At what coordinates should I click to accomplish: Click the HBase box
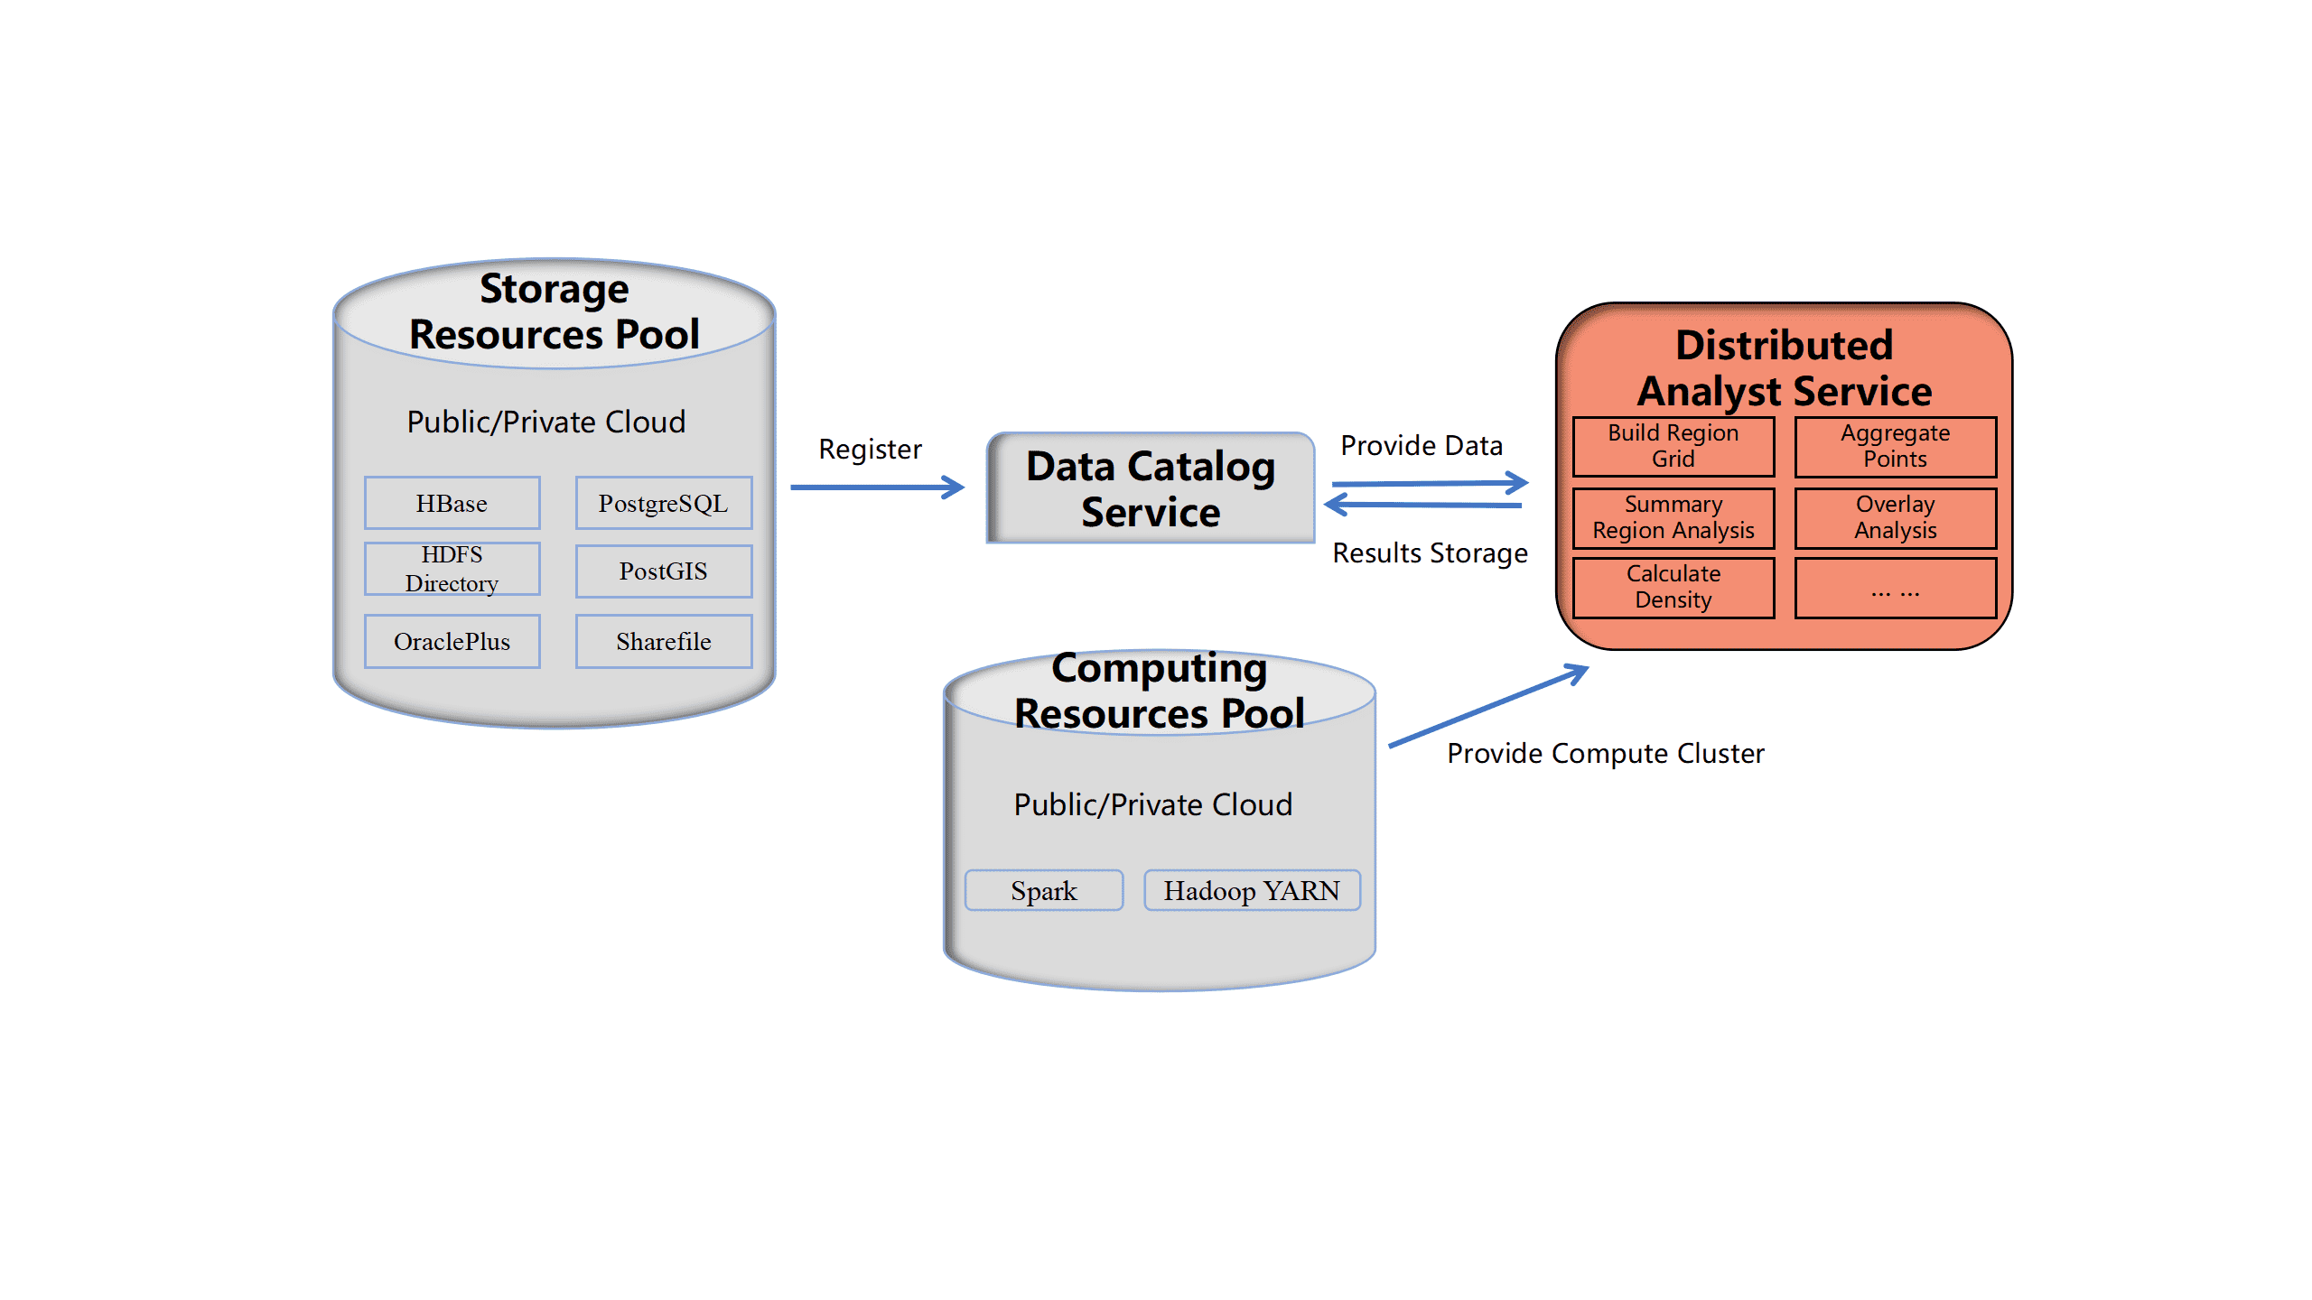tap(452, 503)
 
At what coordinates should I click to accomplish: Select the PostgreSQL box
tap(663, 503)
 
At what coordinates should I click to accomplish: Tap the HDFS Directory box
tap(452, 569)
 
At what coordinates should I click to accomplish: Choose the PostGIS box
tap(663, 571)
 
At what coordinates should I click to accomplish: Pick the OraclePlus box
tap(452, 641)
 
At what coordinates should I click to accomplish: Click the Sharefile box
tap(663, 641)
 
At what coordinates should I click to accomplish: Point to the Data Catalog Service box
tap(1151, 488)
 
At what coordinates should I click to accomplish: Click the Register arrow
tap(876, 487)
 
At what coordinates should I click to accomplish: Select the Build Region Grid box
tap(1673, 446)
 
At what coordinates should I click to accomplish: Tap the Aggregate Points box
tap(1895, 446)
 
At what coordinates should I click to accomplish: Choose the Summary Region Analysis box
tap(1673, 517)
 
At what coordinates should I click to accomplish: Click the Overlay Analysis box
tap(1895, 517)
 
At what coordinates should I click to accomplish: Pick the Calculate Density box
tap(1673, 587)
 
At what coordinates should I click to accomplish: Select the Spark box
tap(1044, 890)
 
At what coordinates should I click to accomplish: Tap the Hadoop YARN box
tap(1252, 890)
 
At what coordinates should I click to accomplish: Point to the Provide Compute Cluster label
tap(1605, 753)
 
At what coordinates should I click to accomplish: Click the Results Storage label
tap(1430, 552)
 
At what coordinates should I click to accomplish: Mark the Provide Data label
tap(1422, 445)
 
